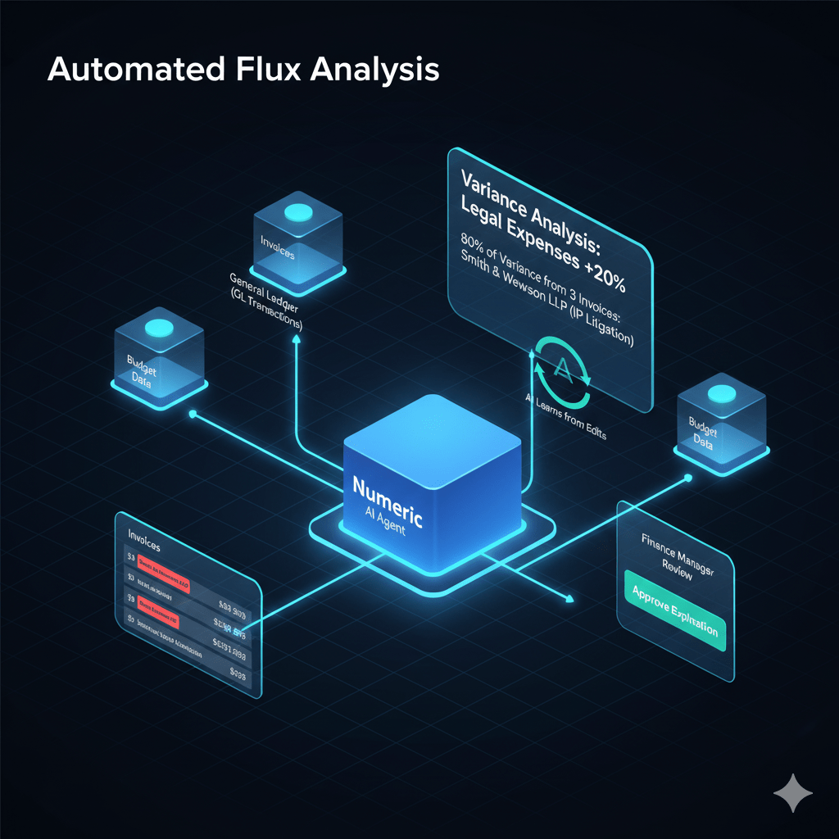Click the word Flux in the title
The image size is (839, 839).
pyautogui.click(x=263, y=70)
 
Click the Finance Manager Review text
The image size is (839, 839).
pyautogui.click(x=676, y=558)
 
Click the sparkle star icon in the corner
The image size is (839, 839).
pyautogui.click(x=793, y=793)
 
